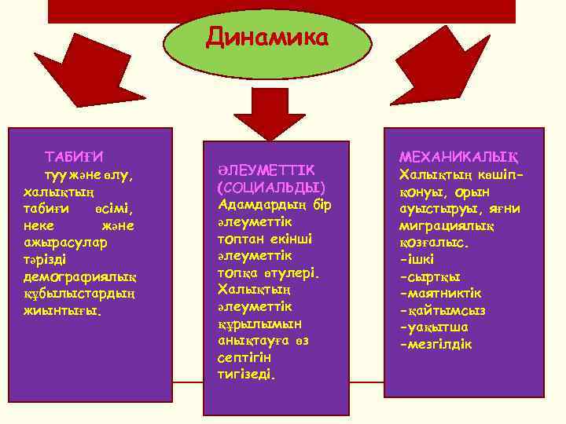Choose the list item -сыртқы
point(430,276)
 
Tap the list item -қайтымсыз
point(443,311)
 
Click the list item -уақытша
point(432,328)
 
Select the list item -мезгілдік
point(437,345)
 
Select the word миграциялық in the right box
point(445,225)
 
